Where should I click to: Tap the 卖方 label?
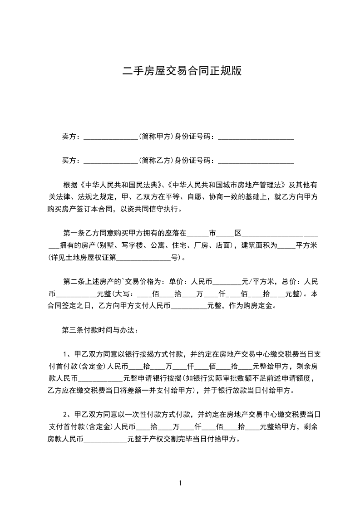[69, 137]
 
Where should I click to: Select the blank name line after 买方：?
[111, 161]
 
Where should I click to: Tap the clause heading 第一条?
[73, 234]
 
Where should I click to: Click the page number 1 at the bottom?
[180, 483]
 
